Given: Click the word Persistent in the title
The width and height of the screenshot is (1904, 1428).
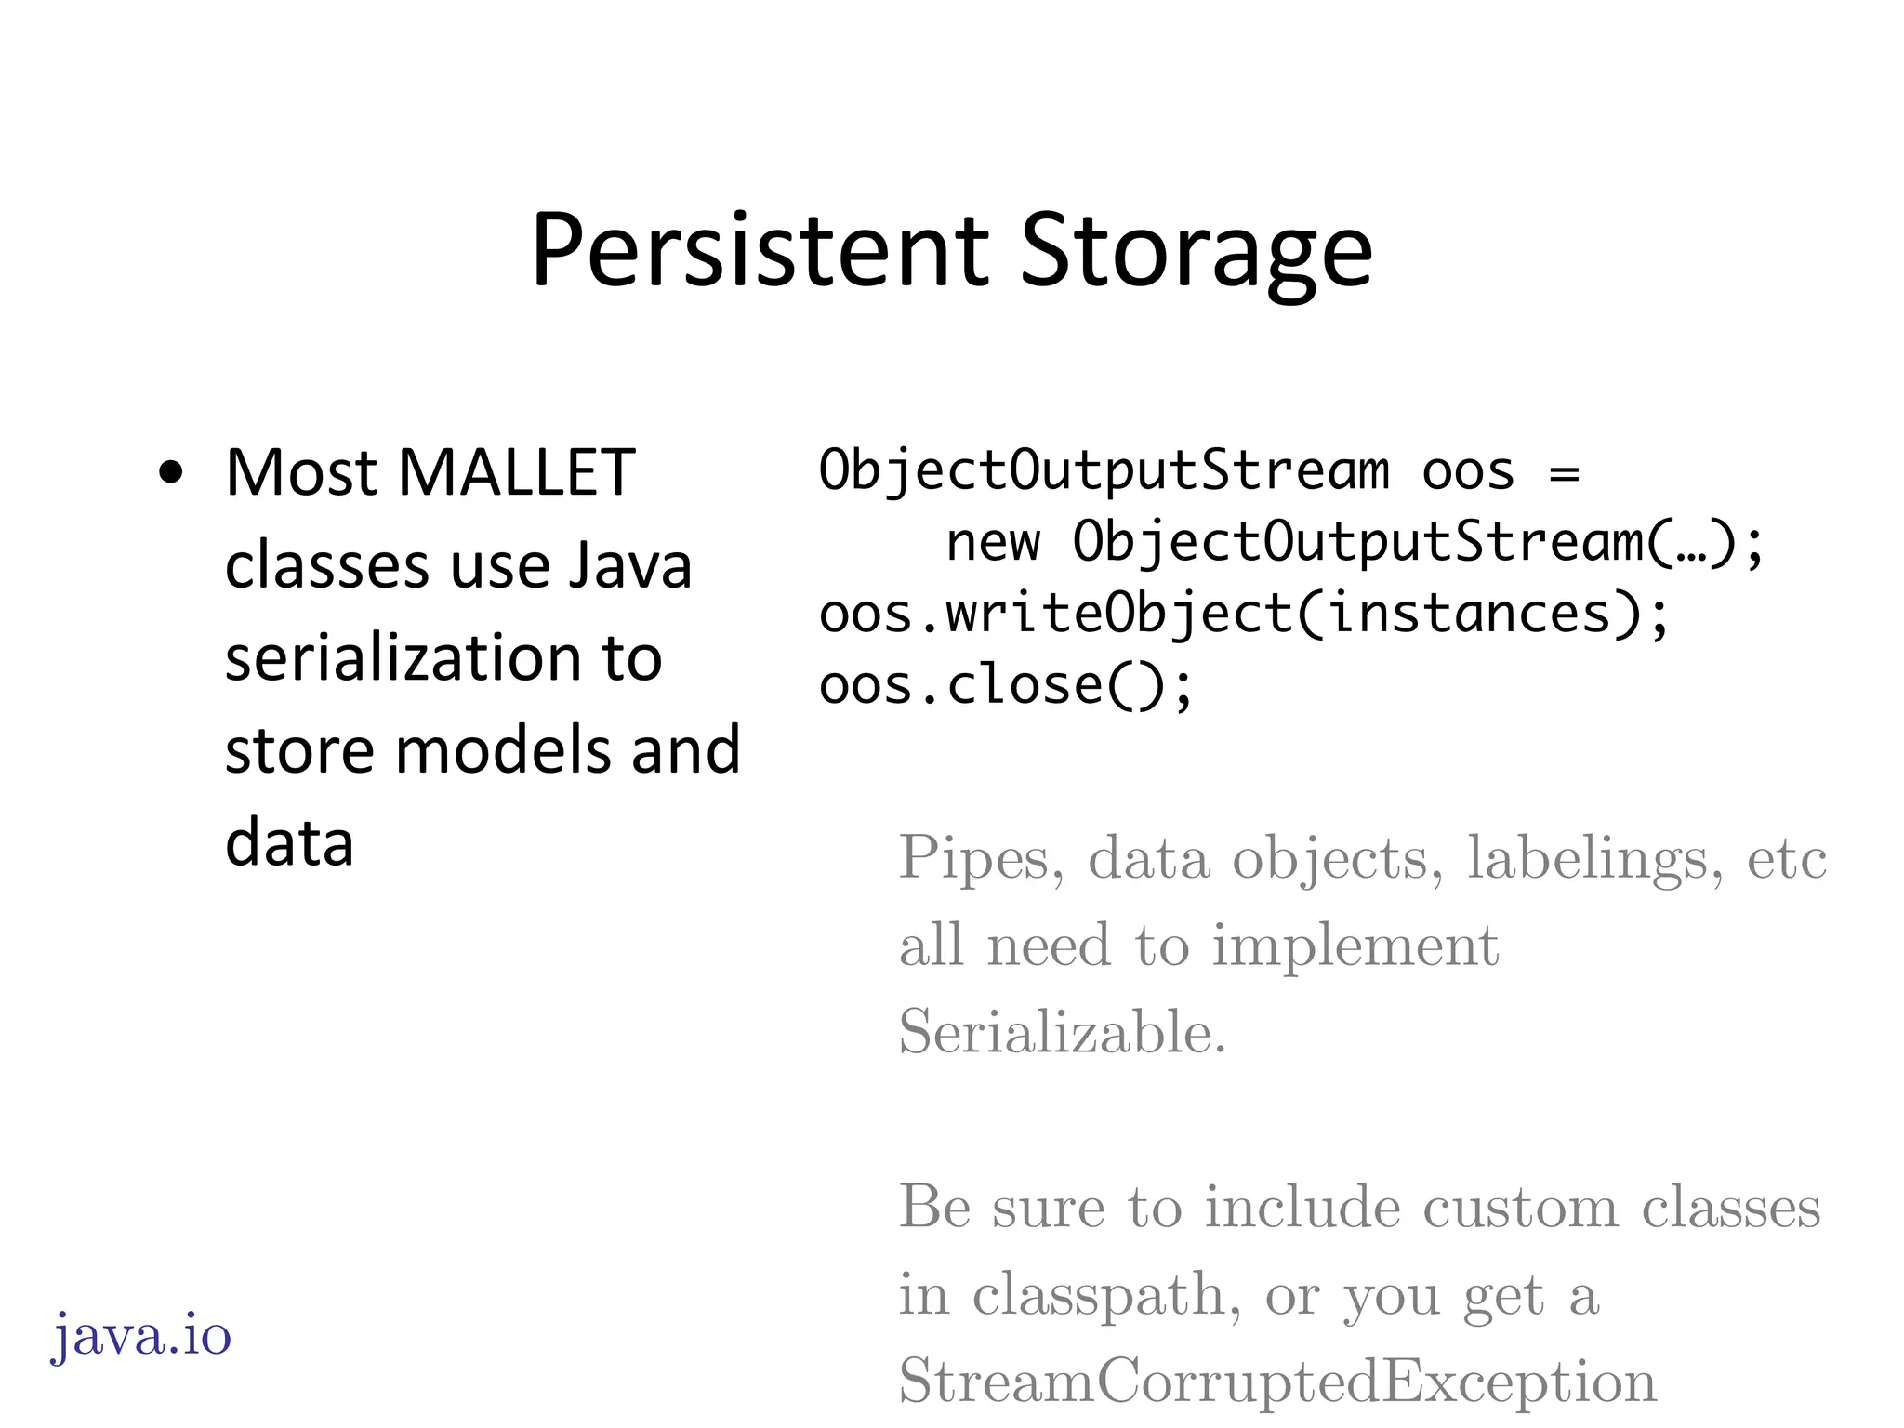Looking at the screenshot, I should coord(760,251).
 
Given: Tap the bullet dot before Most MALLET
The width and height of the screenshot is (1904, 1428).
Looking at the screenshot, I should coord(171,473).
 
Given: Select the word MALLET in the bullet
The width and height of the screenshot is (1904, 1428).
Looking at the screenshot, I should coord(516,473).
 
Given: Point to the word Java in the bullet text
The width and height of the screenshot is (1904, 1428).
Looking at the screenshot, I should coord(630,565).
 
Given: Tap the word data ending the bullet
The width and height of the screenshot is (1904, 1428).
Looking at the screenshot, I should coord(289,842).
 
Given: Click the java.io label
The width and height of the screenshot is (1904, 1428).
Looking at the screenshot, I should coord(140,1337).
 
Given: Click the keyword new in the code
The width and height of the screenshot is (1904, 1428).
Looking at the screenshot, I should coord(992,542).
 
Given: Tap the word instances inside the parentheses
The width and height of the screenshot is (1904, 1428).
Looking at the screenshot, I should coord(1470,615).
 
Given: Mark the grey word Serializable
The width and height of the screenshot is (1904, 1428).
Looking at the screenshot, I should coord(1062,1031).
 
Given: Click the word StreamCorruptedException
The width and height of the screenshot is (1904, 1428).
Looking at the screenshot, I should coord(1277,1381).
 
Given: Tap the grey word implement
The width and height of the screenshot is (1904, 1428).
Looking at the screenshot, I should coord(1355,945).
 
